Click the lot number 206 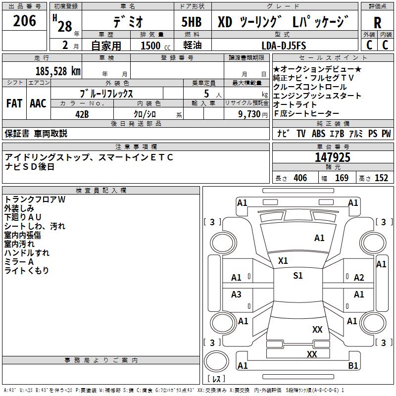25,21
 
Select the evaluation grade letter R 377,23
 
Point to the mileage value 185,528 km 58,71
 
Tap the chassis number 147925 333,158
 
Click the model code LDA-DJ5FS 284,46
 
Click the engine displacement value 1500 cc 153,46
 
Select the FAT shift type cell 14,103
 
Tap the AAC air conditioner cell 38,103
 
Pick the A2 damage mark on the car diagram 359,278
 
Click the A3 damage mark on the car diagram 237,295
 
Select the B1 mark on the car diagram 353,366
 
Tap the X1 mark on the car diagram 283,260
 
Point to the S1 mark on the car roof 297,276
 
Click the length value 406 300,178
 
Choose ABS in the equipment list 318,134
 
